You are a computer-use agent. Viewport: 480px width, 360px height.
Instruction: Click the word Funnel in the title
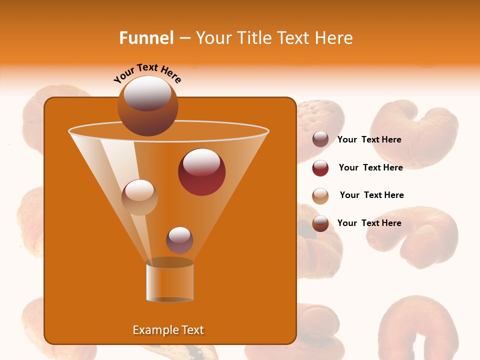coord(146,38)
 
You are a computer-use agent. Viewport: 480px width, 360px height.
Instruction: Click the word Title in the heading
coord(253,38)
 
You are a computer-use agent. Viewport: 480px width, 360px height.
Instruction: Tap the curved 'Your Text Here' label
coord(147,73)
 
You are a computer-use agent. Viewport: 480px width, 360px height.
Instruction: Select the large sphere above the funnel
coord(147,105)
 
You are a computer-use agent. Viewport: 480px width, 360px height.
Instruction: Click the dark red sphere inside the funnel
coord(201,172)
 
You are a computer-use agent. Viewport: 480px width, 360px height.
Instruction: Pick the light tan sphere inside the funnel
coord(139,197)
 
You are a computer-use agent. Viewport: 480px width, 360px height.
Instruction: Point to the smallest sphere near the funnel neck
coord(179,240)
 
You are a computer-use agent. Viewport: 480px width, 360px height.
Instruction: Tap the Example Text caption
coord(168,330)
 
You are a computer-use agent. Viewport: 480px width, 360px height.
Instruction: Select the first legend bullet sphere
coord(320,139)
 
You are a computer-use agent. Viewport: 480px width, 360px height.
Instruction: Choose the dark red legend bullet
coord(320,168)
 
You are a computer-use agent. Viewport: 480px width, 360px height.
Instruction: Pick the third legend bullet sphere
coord(320,196)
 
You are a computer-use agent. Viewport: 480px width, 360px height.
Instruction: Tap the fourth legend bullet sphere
coord(320,223)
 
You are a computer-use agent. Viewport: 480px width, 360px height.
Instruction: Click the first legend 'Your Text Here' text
coord(369,140)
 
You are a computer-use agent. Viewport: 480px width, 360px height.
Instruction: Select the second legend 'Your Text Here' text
coord(370,167)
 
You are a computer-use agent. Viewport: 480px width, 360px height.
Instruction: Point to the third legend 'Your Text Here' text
coord(371,195)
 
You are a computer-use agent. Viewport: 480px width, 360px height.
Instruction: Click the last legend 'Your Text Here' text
coord(369,223)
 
